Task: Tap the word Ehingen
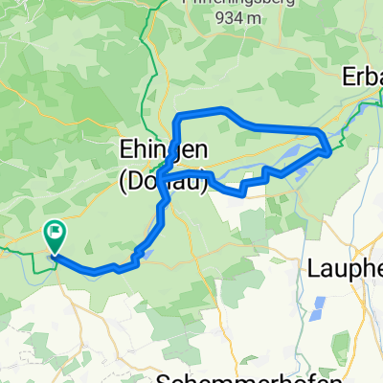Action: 160,150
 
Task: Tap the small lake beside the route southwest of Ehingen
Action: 145,253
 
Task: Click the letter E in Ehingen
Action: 124,150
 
